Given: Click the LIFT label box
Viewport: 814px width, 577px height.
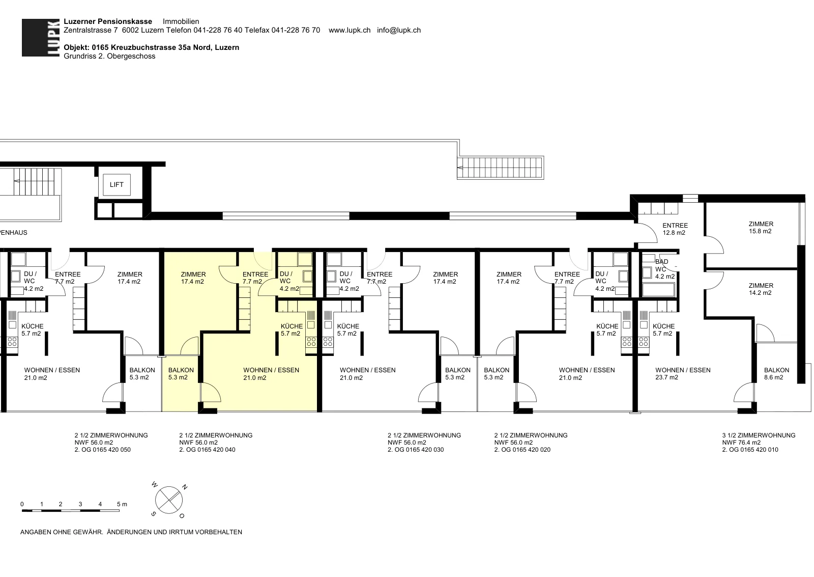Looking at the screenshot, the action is (x=117, y=185).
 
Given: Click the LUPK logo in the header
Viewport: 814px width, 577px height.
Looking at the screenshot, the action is (x=41, y=38).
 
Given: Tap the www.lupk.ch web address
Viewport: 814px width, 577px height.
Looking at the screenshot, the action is (x=350, y=30).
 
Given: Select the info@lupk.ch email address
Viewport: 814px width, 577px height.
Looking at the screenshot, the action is (x=399, y=30).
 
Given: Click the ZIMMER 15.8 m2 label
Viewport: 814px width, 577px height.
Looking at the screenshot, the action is (x=761, y=227).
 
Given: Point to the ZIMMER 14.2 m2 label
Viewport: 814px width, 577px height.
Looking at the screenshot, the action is (x=761, y=289).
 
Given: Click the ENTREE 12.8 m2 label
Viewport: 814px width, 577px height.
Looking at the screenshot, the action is (x=675, y=229).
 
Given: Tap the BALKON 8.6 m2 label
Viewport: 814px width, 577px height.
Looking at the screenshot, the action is (x=776, y=374).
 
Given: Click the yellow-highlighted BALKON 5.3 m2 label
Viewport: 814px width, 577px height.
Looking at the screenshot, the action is (x=181, y=374).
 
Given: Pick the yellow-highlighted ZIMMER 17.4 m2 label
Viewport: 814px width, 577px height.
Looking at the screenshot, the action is (x=193, y=278).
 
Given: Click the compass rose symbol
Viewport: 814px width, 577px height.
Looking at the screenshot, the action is (x=169, y=500).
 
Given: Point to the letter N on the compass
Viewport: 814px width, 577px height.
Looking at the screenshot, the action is (x=185, y=487).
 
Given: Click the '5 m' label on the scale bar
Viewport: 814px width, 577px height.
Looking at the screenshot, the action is (x=122, y=504).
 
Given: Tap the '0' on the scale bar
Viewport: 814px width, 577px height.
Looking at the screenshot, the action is (x=22, y=504).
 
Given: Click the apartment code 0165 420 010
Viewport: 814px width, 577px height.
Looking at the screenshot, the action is (x=759, y=450).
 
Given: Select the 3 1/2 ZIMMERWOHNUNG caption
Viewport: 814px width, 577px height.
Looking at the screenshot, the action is (x=759, y=435).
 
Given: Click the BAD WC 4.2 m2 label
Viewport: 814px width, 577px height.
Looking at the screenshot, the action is (x=664, y=269).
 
